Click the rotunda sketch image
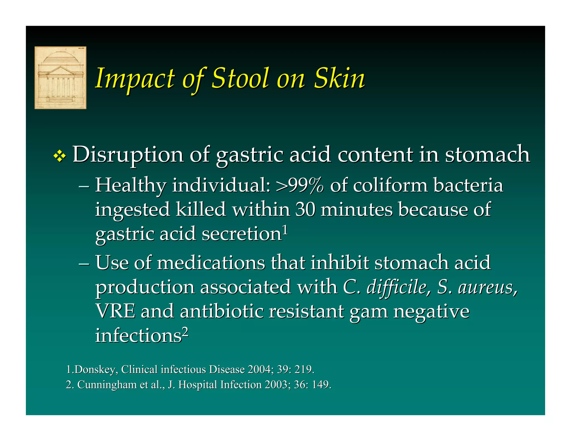[60, 78]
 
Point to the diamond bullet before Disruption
[59, 157]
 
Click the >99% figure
[300, 185]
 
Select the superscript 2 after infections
[185, 332]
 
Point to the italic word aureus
[487, 287]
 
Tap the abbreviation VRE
[115, 311]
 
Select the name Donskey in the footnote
[94, 370]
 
